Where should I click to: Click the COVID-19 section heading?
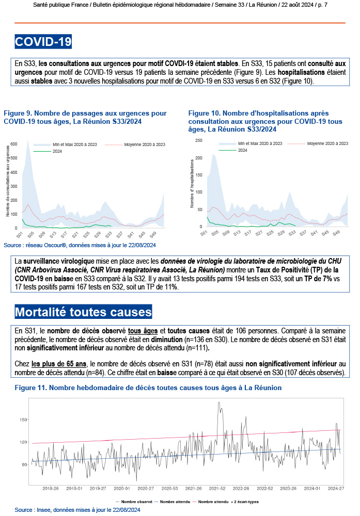coord(43,42)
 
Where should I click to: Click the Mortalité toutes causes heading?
coord(83,312)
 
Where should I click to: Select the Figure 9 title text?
coord(85,117)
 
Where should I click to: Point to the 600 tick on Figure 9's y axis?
coord(14,143)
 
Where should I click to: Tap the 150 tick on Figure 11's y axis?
coord(23,420)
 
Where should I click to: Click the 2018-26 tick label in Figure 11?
coord(50,488)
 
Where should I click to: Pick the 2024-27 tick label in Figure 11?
coord(336,488)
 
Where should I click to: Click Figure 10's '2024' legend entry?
coord(242,149)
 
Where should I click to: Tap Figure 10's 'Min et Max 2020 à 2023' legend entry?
coord(260,143)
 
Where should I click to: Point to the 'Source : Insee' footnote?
coord(77,510)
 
